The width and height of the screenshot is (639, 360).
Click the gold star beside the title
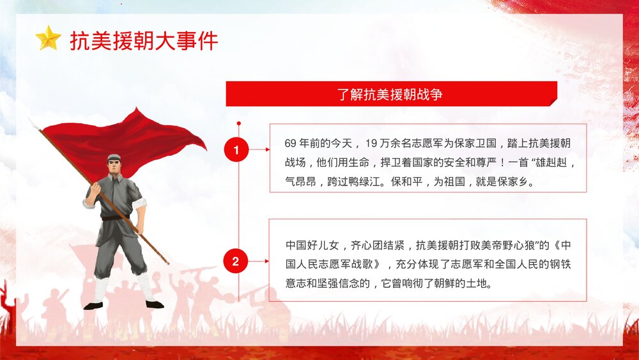click(48, 38)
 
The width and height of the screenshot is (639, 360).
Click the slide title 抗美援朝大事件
click(144, 40)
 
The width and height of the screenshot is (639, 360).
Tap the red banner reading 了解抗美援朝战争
click(391, 94)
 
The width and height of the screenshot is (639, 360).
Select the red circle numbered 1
click(236, 151)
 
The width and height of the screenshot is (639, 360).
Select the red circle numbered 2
click(236, 261)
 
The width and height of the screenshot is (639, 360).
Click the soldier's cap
click(114, 157)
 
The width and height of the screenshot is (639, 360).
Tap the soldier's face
click(114, 167)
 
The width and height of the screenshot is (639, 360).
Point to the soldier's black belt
click(115, 218)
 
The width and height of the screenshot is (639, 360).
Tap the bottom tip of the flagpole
click(167, 263)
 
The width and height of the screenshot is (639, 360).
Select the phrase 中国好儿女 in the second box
click(311, 245)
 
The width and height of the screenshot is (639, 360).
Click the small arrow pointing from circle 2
click(262, 261)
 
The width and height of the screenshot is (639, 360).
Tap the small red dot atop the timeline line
click(238, 123)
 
